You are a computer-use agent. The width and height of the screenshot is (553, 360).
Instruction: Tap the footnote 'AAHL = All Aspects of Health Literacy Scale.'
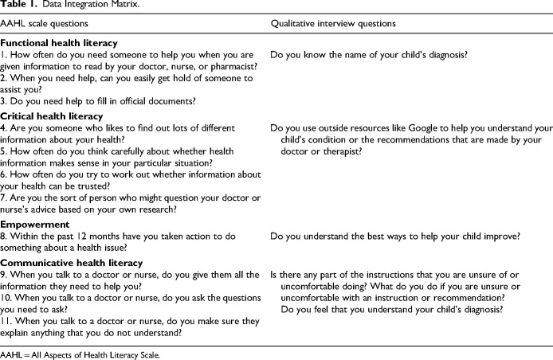(80, 354)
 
